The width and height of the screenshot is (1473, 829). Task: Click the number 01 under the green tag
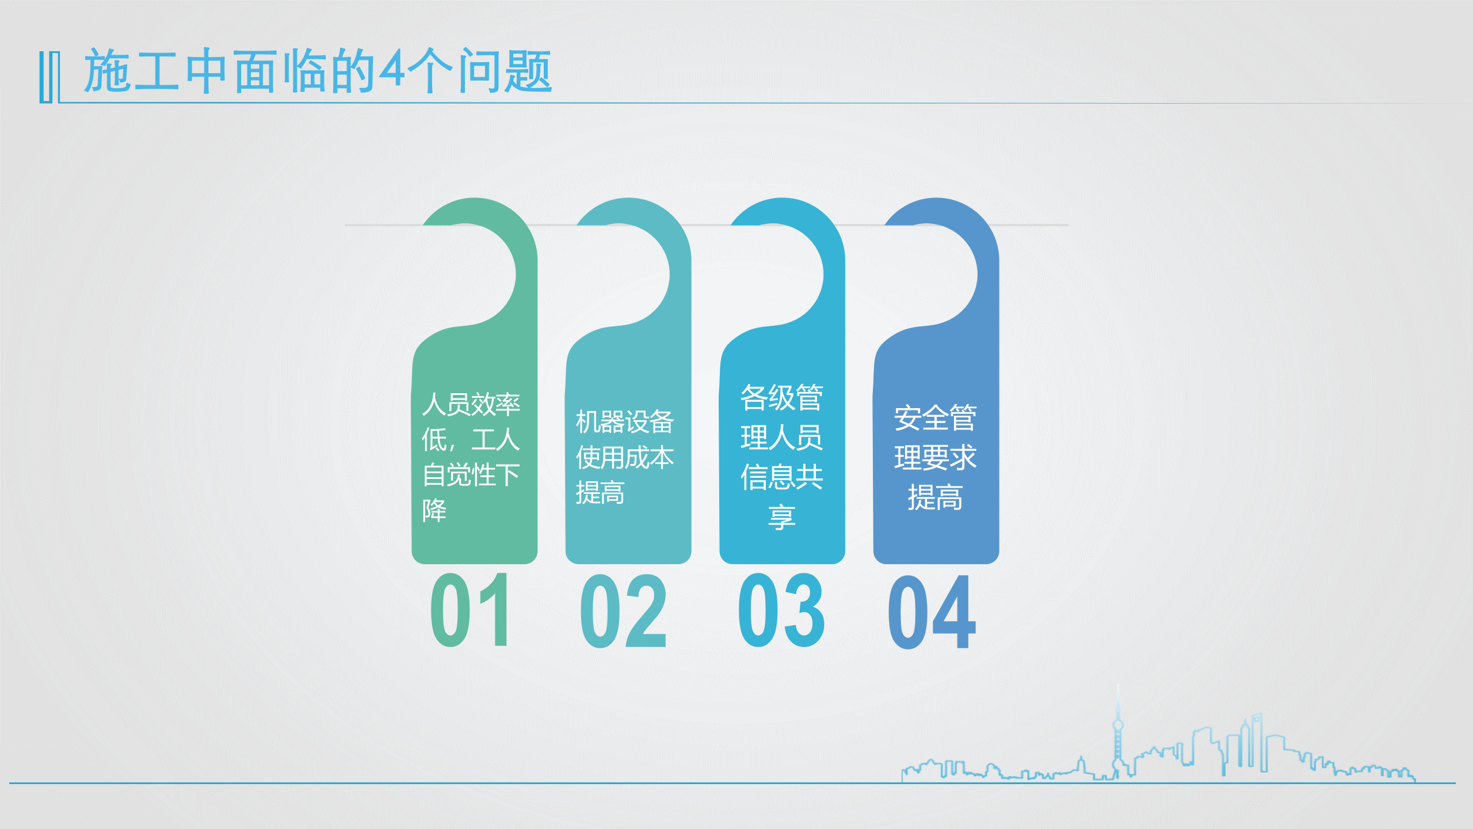tap(470, 610)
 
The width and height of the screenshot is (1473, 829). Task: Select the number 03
tap(781, 610)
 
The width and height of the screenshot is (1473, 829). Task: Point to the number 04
tap(932, 612)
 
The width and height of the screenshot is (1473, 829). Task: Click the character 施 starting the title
tap(107, 70)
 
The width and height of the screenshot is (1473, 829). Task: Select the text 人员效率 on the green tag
tap(471, 404)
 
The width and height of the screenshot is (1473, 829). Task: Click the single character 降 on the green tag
tap(434, 510)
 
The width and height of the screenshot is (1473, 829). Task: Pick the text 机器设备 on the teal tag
tap(625, 422)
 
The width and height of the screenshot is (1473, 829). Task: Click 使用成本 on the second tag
tap(625, 458)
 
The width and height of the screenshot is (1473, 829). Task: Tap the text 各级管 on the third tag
tap(781, 398)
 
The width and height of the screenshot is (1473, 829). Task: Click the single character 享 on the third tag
tap(781, 516)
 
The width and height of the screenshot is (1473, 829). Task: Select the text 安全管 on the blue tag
tap(935, 418)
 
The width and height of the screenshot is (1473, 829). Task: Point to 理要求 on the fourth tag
tap(935, 458)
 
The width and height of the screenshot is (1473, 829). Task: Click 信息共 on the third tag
tap(781, 477)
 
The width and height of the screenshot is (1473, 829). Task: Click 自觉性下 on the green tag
tap(471, 475)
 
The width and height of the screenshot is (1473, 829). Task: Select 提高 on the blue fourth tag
tap(935, 497)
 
